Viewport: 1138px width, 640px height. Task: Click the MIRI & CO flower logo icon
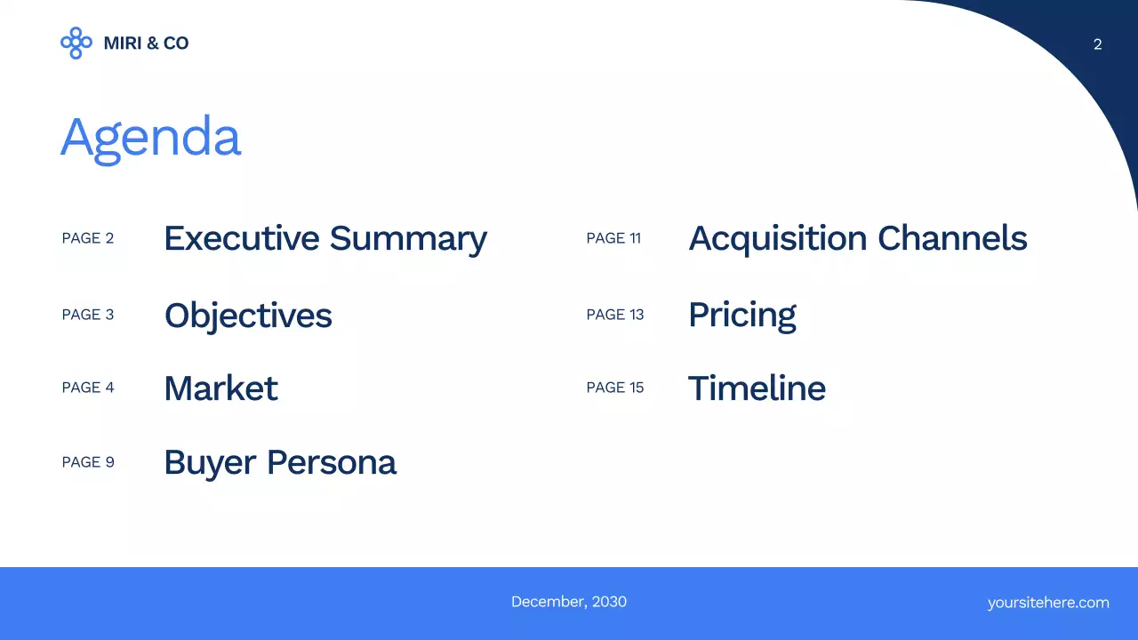click(76, 43)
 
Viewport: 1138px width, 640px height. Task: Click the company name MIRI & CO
click(146, 43)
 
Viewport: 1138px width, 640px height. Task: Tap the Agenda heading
click(150, 138)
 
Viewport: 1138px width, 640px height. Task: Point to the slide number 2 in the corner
click(1097, 44)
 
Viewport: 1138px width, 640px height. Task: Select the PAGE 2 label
click(88, 238)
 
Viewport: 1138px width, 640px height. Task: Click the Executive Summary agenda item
click(325, 238)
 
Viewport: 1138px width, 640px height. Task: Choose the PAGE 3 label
click(88, 315)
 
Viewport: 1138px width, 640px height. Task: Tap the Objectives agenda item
click(248, 316)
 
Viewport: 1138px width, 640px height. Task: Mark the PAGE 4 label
click(88, 388)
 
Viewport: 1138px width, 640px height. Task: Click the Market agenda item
click(220, 388)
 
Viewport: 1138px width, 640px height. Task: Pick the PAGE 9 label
click(88, 462)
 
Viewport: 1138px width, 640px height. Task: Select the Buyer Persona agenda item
click(280, 462)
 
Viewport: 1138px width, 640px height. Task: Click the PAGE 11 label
click(613, 238)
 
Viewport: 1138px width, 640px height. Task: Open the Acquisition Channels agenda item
click(857, 238)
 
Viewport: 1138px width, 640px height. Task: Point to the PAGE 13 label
click(615, 315)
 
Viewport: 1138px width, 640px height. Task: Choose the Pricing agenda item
click(741, 316)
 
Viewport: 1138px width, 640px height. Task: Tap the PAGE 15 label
click(615, 388)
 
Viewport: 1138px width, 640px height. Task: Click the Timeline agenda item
click(757, 388)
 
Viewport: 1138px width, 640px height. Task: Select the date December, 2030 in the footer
click(569, 602)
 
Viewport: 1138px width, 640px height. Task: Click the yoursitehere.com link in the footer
click(1048, 603)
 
